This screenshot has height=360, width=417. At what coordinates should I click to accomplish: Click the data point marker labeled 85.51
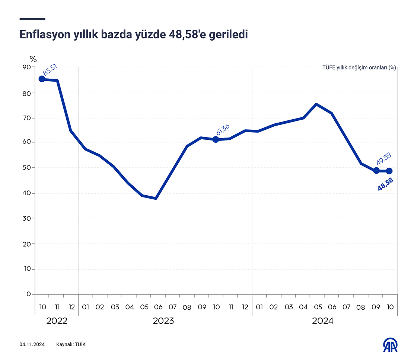click(42, 79)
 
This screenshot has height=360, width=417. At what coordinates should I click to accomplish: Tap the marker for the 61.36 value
click(216, 139)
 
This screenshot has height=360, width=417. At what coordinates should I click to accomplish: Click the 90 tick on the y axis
click(26, 67)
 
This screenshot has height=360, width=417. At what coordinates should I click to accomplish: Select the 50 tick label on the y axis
click(26, 168)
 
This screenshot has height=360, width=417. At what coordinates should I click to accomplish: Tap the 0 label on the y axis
click(28, 294)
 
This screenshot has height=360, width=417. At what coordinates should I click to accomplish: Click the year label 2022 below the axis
click(57, 321)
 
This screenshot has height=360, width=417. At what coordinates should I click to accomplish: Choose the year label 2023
click(163, 321)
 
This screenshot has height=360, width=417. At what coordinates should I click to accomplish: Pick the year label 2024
click(322, 321)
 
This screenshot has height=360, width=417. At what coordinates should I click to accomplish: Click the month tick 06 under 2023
click(158, 307)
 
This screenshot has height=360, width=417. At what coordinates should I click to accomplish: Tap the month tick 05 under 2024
click(318, 307)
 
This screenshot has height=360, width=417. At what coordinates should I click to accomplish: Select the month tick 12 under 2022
click(71, 307)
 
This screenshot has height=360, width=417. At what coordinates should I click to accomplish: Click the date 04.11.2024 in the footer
click(32, 344)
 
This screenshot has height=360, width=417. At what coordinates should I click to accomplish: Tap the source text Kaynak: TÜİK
click(71, 344)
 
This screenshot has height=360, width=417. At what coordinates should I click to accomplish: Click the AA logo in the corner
click(391, 345)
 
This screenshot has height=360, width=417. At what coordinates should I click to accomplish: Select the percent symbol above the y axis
click(34, 59)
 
